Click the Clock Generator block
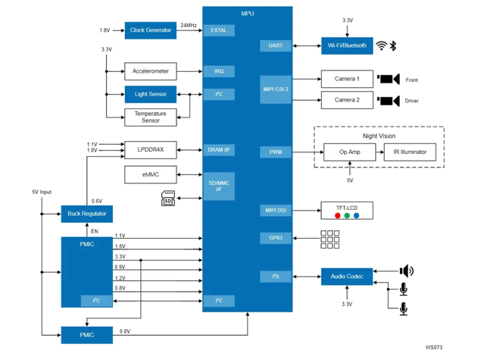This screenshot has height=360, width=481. pos(150,30)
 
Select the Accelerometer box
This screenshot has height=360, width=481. pos(150,71)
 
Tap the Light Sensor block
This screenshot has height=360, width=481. pos(150,95)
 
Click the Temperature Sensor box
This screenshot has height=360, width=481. pos(150,117)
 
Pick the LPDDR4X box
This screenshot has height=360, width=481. pos(150,150)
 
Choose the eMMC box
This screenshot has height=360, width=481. pos(150,175)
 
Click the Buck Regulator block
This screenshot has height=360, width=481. pos(86,214)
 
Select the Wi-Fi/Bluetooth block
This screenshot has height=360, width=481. pos(347,45)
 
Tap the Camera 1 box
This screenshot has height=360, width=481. pos(347,79)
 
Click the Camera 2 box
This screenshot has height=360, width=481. pos(347,100)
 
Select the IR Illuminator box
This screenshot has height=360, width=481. pos(409,152)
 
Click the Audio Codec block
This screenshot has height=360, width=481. pos(347,277)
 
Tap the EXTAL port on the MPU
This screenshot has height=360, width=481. pos(218,30)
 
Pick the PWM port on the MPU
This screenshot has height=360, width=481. pos(275,152)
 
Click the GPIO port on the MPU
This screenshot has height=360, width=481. pos(275,238)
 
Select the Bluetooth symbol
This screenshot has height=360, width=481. pos(393,45)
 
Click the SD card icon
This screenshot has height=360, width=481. pos(168,199)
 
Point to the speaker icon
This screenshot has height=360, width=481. pos(407,271)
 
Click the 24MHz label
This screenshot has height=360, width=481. pos(189,26)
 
